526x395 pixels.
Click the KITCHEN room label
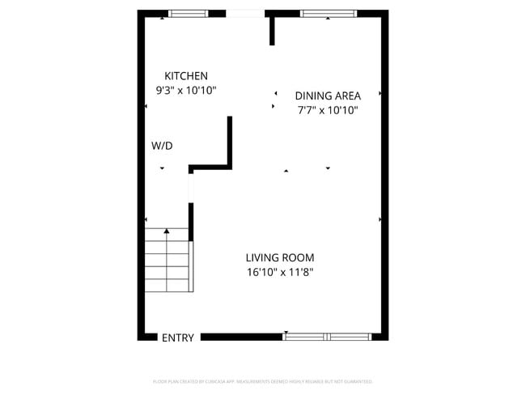pos(186,75)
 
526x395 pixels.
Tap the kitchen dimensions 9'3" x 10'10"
pos(186,91)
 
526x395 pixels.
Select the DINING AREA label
pos(327,95)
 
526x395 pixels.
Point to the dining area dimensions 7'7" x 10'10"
pos(327,110)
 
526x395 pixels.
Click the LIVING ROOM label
pos(279,257)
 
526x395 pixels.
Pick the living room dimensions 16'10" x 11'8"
pos(279,273)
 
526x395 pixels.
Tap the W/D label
pos(162,146)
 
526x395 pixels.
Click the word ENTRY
pos(178,338)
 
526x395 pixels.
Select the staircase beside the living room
pos(168,261)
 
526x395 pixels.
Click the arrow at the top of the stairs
pos(167,231)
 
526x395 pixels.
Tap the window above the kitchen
pos(187,13)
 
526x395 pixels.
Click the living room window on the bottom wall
pos(327,336)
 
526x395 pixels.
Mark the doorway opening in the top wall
pos(244,13)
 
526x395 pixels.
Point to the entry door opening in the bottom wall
pos(178,336)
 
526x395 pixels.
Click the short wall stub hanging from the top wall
pos(273,30)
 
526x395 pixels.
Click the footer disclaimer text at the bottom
pos(262,381)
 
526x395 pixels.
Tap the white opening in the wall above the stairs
pos(191,188)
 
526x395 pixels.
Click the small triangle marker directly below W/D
pos(162,168)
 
